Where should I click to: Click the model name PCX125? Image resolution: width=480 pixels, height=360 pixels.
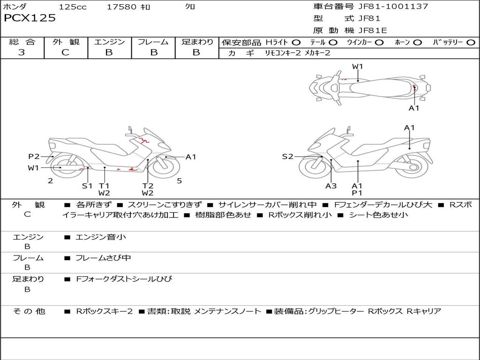click(x=30, y=18)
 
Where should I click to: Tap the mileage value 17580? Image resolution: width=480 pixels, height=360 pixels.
click(x=121, y=7)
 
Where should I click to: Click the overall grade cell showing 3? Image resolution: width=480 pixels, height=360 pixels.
click(x=22, y=52)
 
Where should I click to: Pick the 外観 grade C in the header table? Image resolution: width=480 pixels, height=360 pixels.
click(x=65, y=52)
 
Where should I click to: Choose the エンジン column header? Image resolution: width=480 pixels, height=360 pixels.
click(x=109, y=42)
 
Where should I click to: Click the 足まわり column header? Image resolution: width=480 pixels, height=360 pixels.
click(x=197, y=42)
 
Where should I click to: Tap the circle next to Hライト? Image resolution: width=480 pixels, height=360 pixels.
click(x=296, y=43)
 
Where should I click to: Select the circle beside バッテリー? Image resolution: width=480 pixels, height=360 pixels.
click(x=471, y=43)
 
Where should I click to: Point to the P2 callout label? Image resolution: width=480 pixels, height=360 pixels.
click(x=34, y=157)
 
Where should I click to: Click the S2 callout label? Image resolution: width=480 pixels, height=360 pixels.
click(x=287, y=157)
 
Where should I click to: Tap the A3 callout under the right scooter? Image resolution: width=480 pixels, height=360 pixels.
click(x=331, y=186)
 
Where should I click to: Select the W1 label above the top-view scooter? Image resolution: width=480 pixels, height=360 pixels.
click(x=358, y=67)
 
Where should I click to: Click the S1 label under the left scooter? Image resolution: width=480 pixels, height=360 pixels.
click(x=87, y=186)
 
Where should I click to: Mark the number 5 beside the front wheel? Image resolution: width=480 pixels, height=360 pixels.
click(x=179, y=180)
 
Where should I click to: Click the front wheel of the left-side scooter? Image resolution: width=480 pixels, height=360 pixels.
click(x=165, y=168)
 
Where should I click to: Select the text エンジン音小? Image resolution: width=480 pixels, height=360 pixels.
click(x=101, y=237)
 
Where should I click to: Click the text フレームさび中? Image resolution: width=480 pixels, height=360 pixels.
click(x=103, y=258)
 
